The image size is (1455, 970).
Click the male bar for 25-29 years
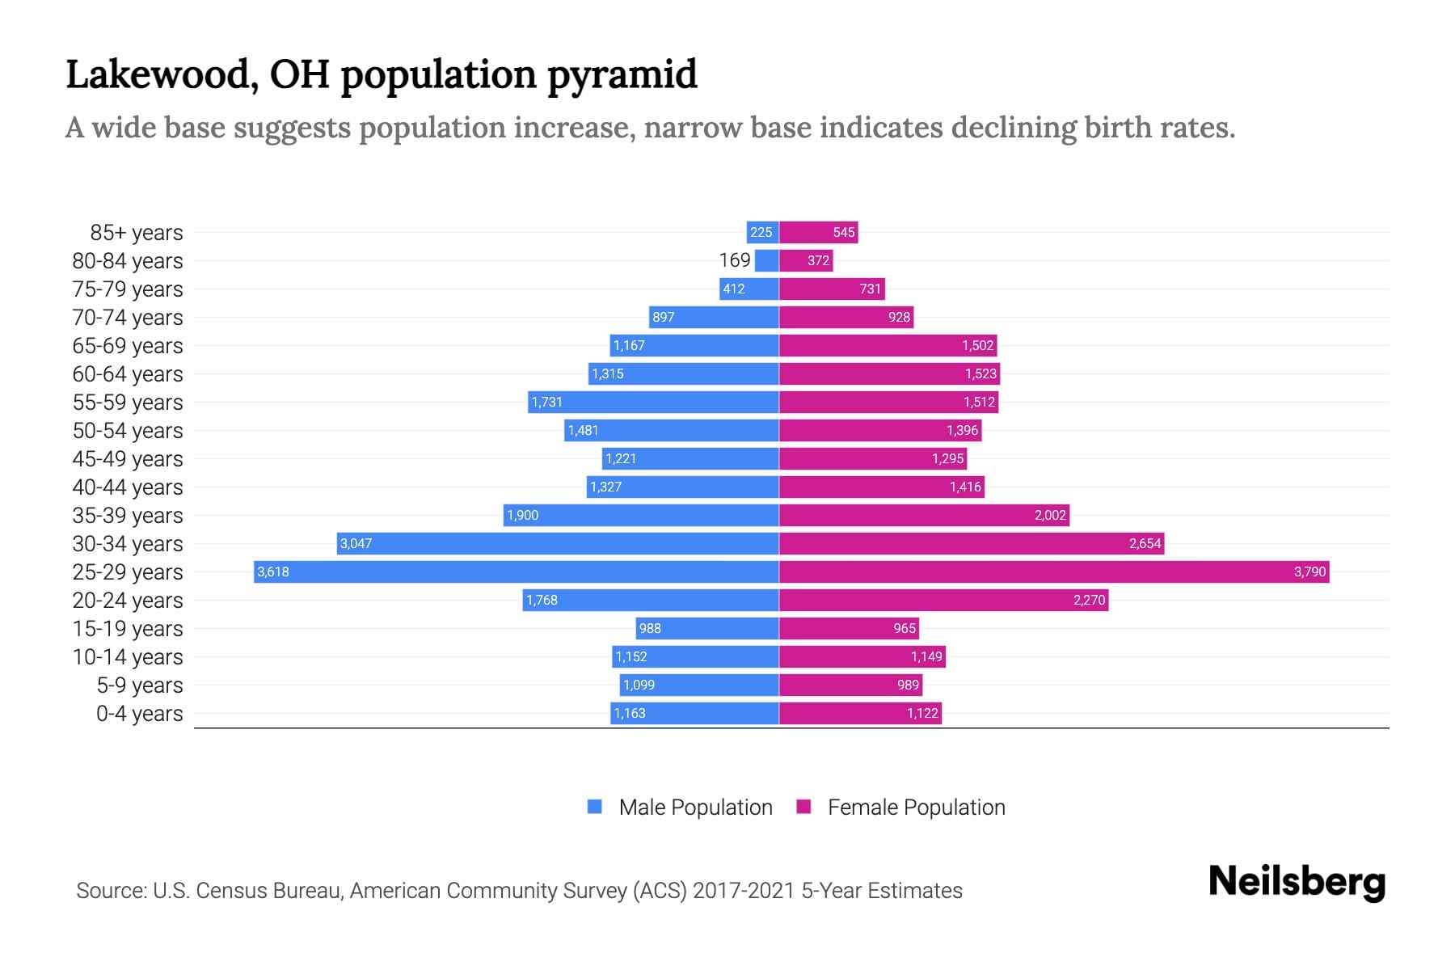pyautogui.click(x=517, y=572)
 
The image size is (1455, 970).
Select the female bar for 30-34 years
pyautogui.click(x=970, y=544)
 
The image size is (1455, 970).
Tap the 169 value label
pyautogui.click(x=735, y=260)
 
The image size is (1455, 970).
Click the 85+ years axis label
pyautogui.click(x=137, y=233)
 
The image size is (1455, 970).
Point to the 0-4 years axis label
pyautogui.click(x=140, y=714)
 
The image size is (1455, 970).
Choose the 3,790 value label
pyautogui.click(x=1309, y=572)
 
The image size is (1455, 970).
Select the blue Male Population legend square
pyautogui.click(x=595, y=807)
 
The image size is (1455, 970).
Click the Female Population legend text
pyautogui.click(x=916, y=808)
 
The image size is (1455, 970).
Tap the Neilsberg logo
pyautogui.click(x=1297, y=882)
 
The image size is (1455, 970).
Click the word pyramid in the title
pyautogui.click(x=622, y=74)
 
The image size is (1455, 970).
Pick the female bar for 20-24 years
pyautogui.click(x=943, y=601)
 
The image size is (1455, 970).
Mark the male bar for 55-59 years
pyautogui.click(x=653, y=403)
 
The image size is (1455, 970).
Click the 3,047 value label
pyautogui.click(x=356, y=544)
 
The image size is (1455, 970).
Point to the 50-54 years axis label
pyautogui.click(x=128, y=431)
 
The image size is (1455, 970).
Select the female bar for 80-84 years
pyautogui.click(x=805, y=261)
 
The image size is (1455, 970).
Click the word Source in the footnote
pyautogui.click(x=111, y=891)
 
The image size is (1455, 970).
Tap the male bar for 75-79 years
pyautogui.click(x=749, y=289)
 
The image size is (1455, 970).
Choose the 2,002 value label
pyautogui.click(x=1050, y=516)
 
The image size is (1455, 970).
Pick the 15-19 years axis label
pyautogui.click(x=128, y=629)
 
